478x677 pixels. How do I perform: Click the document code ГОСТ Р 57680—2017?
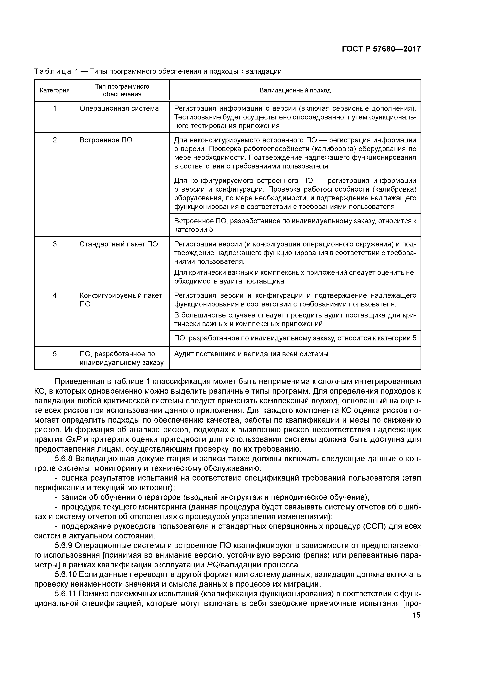click(381, 49)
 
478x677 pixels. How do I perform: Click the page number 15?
click(416, 615)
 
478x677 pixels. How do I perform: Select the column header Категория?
click(55, 91)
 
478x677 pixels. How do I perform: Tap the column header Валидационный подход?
click(295, 91)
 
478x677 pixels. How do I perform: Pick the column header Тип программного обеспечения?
click(122, 90)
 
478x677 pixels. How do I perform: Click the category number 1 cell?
click(55, 108)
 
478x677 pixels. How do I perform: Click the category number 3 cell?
click(55, 244)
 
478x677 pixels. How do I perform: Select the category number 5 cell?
click(55, 354)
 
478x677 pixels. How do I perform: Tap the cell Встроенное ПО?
click(106, 140)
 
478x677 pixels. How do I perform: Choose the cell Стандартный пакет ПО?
click(119, 244)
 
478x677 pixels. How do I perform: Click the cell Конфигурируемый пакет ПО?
click(121, 300)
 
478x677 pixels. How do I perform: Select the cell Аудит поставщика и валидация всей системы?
click(251, 354)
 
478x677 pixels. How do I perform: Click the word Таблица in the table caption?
click(52, 71)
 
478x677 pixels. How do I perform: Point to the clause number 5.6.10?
click(66, 574)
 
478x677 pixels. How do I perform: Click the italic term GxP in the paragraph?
click(73, 439)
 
